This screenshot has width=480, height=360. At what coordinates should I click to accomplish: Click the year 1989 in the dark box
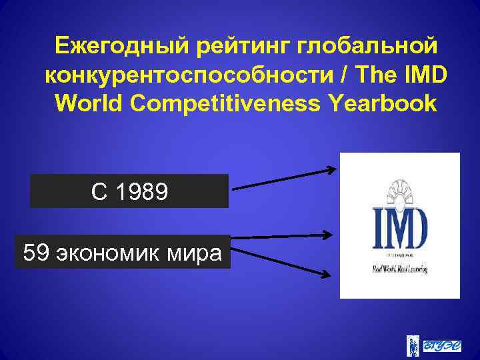(x=142, y=192)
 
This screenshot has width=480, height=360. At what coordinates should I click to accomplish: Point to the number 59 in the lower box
(x=35, y=253)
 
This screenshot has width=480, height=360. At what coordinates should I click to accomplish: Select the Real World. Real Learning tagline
(x=399, y=270)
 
